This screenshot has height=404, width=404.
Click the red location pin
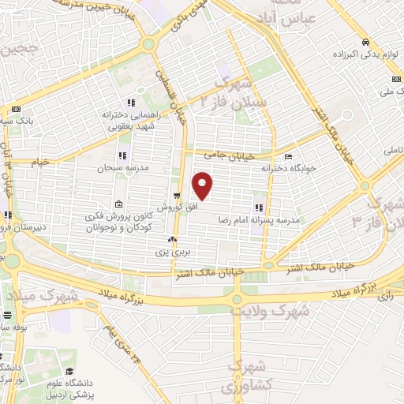pyautogui.click(x=204, y=186)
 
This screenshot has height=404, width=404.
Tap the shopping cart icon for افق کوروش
pyautogui.click(x=176, y=194)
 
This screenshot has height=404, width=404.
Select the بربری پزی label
pyautogui.click(x=171, y=252)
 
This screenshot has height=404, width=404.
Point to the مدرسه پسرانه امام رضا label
pyautogui.click(x=262, y=222)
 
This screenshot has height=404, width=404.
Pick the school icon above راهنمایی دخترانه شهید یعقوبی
pyautogui.click(x=131, y=103)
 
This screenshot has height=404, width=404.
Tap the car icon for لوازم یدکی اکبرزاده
pyautogui.click(x=365, y=43)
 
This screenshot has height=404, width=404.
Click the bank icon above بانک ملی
pyautogui.click(x=392, y=80)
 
